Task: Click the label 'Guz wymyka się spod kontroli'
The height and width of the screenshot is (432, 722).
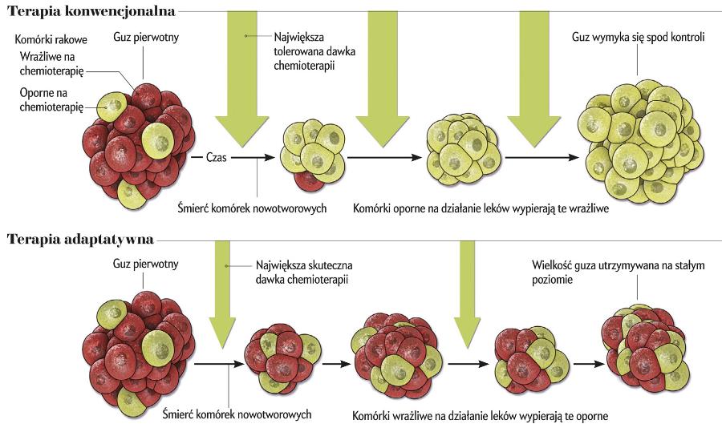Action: click(638, 37)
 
